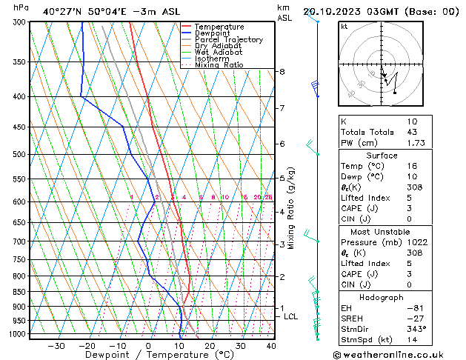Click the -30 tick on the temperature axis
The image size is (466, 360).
point(56,345)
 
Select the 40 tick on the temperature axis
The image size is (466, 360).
point(271,345)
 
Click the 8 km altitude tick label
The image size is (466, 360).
point(282,72)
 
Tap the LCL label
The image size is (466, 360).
point(291,317)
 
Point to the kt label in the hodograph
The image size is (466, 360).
point(344,27)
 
